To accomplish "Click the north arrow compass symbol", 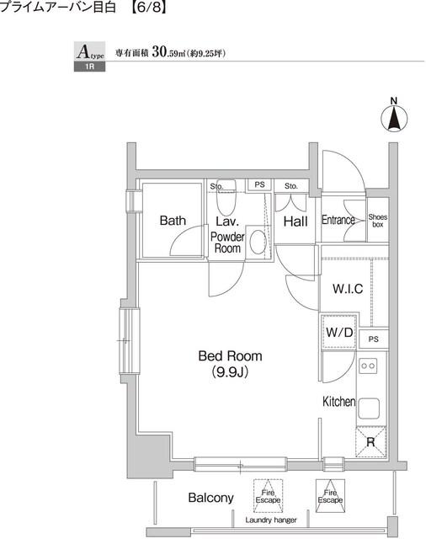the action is pos(394,118).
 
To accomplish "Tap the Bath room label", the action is pos(173,221).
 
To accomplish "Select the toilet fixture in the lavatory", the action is pos(226,197).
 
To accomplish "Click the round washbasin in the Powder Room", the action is pos(258,242).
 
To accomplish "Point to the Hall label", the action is pos(296,221).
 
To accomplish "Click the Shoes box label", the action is pos(378,221).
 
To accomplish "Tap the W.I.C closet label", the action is pos(348,288).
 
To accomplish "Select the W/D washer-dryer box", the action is pos(339,332).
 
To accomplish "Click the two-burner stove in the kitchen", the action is pos(368,366).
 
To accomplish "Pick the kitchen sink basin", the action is pos(369,408).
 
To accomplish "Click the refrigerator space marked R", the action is pos(370,441).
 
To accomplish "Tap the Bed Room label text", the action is pos(230,355).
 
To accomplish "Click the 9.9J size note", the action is pos(230,372).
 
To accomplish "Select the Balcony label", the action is pos(211,498).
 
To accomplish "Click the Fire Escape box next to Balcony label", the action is pos(268,496).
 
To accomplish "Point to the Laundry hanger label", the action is pos(271,520).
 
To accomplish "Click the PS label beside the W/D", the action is pos(374,339).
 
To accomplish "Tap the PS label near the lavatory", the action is pos(259,184).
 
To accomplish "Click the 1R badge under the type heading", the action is pos(90,67).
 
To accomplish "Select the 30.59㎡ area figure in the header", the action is pos(168,52).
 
